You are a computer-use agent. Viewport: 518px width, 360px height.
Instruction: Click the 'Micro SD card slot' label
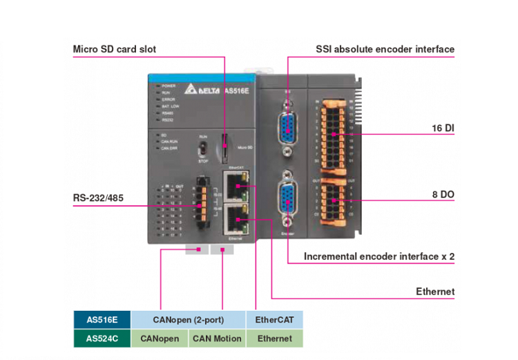click(115, 49)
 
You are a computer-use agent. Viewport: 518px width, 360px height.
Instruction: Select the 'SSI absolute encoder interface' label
click(385, 49)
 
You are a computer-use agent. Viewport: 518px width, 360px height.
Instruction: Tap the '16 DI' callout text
click(443, 129)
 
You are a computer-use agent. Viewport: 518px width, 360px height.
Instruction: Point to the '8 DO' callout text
click(443, 195)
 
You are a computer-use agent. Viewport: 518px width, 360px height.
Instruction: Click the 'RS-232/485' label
click(100, 198)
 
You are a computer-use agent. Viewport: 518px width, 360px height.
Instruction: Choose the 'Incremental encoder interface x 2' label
click(379, 256)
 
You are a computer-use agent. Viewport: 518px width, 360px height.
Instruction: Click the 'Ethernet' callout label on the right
click(435, 292)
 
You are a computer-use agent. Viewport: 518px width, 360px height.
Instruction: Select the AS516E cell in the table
click(102, 320)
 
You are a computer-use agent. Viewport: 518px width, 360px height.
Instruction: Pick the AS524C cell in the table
click(102, 338)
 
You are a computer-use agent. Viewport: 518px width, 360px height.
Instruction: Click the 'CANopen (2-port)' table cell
click(188, 320)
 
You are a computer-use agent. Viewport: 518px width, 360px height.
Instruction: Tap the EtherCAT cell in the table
click(274, 320)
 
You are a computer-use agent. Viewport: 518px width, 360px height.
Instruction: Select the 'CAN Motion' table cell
click(217, 338)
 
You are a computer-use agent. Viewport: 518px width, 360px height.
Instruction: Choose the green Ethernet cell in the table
click(274, 338)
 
